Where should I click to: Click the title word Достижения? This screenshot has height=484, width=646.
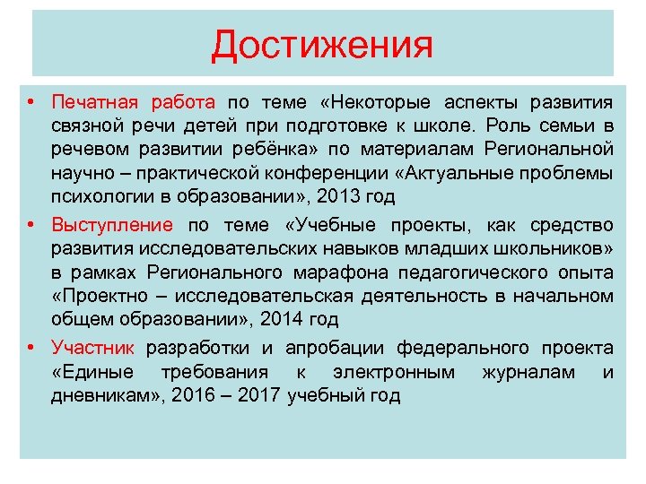pos(322,45)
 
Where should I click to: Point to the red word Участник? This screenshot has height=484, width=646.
pos(93,348)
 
